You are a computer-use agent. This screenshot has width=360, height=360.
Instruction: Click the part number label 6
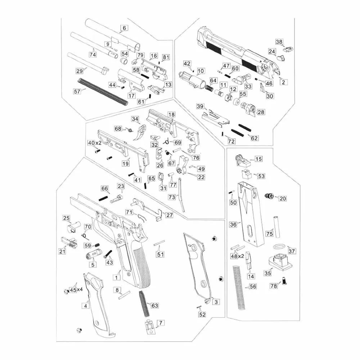click(x=125, y=28)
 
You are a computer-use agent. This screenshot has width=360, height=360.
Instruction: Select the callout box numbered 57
click(x=77, y=91)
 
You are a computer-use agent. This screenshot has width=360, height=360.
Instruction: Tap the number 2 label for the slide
click(x=283, y=82)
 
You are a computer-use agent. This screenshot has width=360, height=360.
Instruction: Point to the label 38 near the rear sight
click(x=280, y=42)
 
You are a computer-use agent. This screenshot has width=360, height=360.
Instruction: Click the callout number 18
click(x=171, y=114)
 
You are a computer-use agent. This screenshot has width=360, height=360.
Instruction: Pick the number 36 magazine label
click(x=233, y=224)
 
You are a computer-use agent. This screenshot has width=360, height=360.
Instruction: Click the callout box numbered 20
click(x=283, y=198)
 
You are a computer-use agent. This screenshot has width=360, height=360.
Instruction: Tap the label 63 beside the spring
click(x=154, y=306)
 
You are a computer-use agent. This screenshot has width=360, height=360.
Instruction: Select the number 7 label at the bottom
click(x=161, y=323)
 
